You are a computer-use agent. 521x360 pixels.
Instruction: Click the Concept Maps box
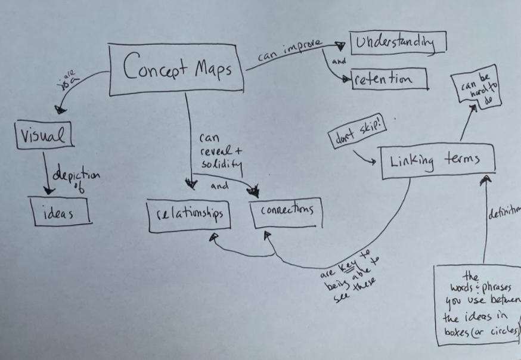pyautogui.click(x=177, y=69)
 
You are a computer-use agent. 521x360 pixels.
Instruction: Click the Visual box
pyautogui.click(x=42, y=134)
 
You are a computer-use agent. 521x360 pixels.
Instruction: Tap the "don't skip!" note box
pyautogui.click(x=350, y=136)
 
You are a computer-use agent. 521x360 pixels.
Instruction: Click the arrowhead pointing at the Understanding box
pyautogui.click(x=341, y=45)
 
